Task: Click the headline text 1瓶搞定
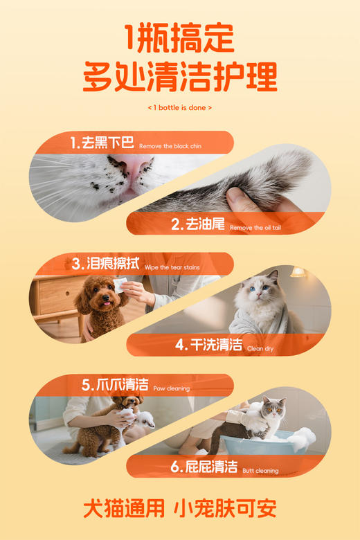pyautogui.click(x=180, y=39)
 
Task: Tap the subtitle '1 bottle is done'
pyautogui.click(x=180, y=108)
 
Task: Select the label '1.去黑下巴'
pyautogui.click(x=102, y=144)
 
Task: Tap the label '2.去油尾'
pyautogui.click(x=198, y=224)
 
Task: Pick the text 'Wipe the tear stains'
pyautogui.click(x=174, y=267)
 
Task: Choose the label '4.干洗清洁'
pyautogui.click(x=208, y=345)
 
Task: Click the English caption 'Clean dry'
pyautogui.click(x=260, y=348)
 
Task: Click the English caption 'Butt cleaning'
pyautogui.click(x=260, y=470)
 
